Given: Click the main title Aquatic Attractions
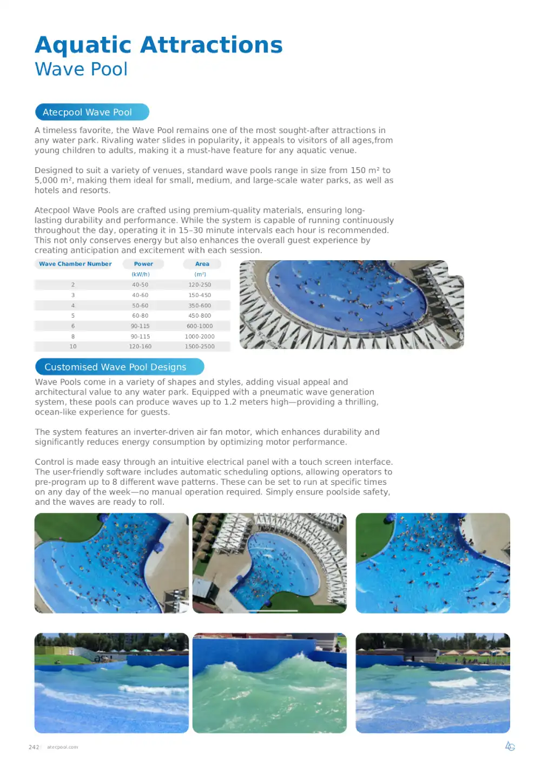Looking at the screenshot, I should click(x=159, y=45).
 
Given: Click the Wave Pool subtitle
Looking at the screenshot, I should click(x=81, y=69).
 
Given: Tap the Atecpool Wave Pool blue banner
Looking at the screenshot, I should click(x=92, y=112).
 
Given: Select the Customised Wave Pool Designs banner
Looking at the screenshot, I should click(x=119, y=367).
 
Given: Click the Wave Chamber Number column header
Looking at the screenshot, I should click(x=75, y=264).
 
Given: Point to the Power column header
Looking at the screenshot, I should click(x=143, y=264).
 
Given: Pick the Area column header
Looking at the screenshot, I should click(x=202, y=264).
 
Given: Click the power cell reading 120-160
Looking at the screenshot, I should click(x=140, y=346).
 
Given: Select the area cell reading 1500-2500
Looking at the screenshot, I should click(x=200, y=346).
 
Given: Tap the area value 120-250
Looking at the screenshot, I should click(x=200, y=285).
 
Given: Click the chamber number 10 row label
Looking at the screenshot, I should click(x=73, y=346).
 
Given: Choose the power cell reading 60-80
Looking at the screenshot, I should click(x=140, y=315).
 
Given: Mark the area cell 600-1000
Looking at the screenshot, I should click(x=200, y=326).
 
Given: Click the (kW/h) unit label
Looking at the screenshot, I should click(x=141, y=274).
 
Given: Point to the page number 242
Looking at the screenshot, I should click(x=34, y=747).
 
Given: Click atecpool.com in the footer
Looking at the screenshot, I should click(x=62, y=747).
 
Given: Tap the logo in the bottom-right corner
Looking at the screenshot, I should click(x=510, y=746).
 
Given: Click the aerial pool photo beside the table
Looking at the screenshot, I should click(x=352, y=305).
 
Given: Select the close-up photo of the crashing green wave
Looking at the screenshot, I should click(x=269, y=683).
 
